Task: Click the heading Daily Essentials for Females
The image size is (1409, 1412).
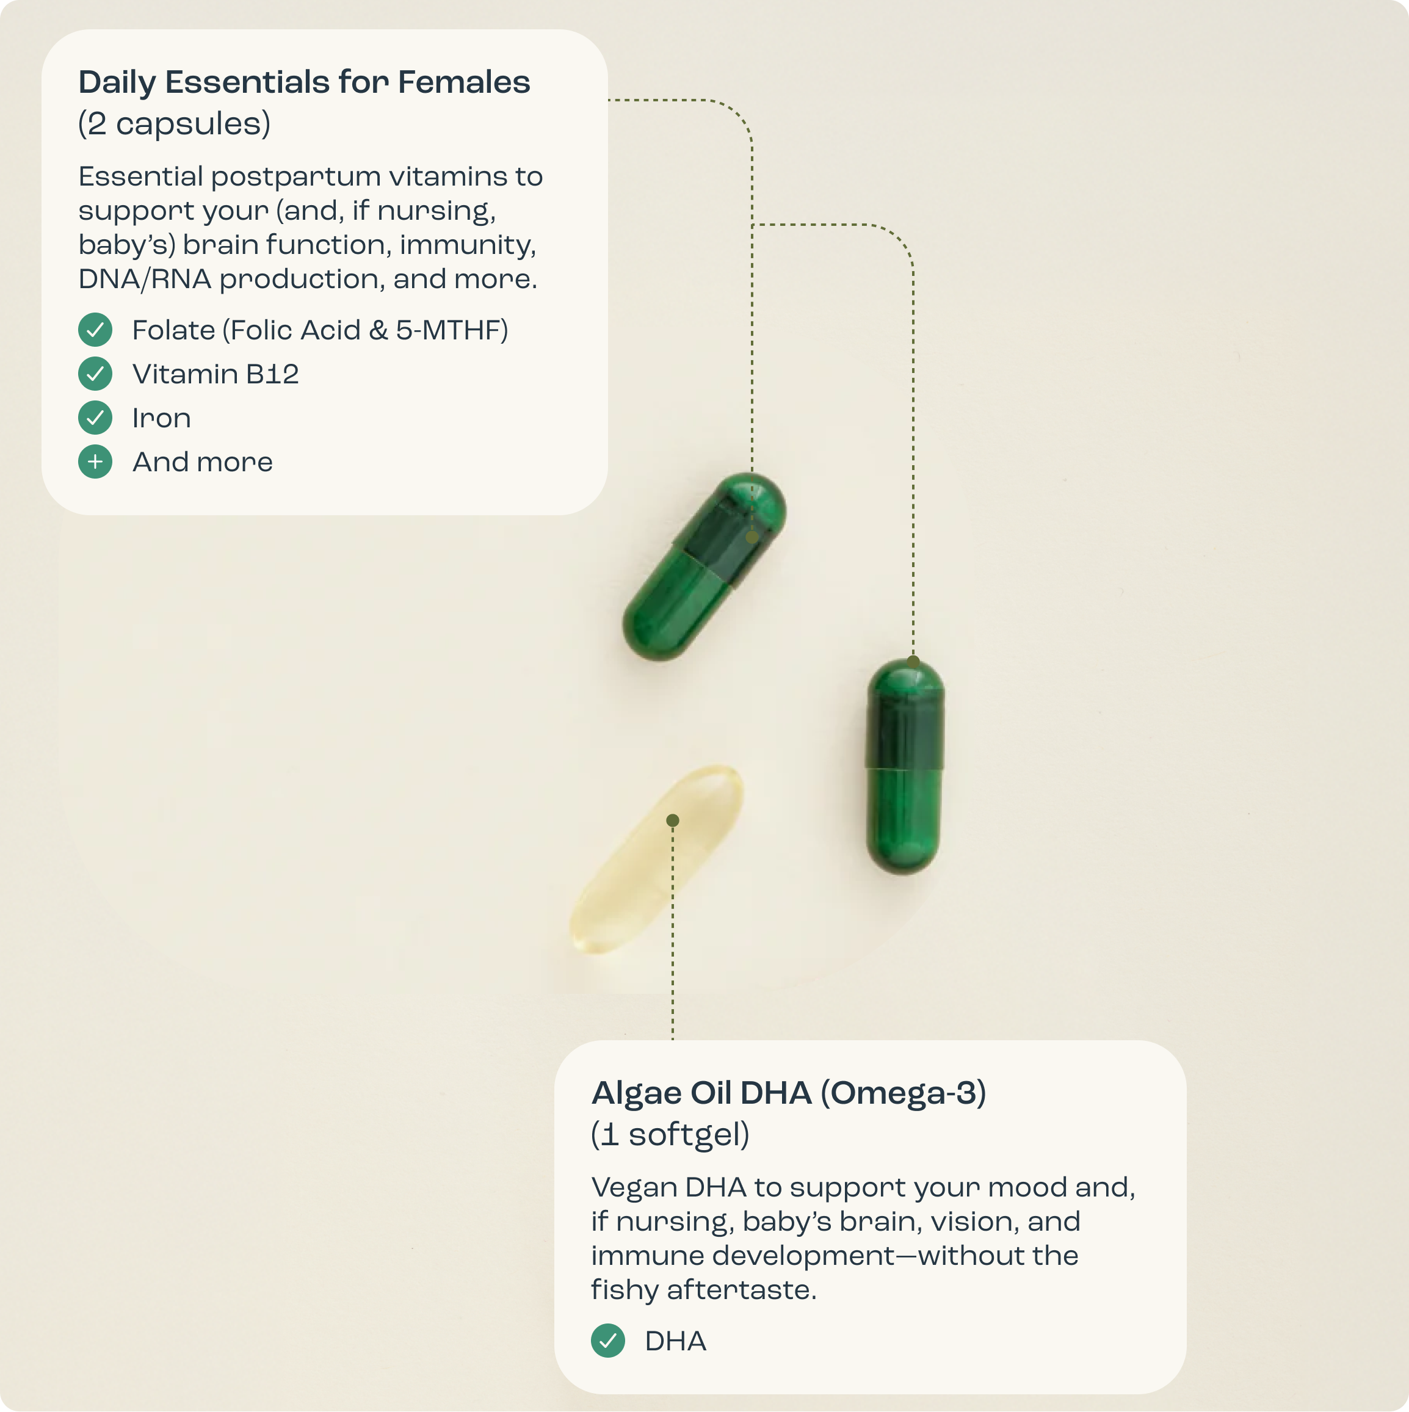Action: pos(304,82)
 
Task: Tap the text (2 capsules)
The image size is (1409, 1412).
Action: pos(174,123)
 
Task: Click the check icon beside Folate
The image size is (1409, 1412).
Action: pos(95,330)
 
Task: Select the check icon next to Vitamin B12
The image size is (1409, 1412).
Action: pos(95,374)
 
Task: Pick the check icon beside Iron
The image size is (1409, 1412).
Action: pos(95,418)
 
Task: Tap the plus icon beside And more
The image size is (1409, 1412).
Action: pos(95,461)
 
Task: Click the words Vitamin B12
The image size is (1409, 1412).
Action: pos(216,374)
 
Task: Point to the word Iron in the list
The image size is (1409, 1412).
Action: pos(162,418)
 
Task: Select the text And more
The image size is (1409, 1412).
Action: pos(203,462)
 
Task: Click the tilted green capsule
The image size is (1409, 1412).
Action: pos(704,567)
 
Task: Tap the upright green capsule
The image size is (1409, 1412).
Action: pos(905,766)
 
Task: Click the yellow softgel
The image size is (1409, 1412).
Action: pos(656,860)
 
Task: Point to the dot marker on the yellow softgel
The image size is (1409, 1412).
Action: pos(672,820)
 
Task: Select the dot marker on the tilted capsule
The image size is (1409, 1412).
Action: pos(752,537)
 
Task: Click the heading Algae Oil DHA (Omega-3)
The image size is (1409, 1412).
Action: pos(789,1093)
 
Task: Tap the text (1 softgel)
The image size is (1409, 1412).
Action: pos(670,1134)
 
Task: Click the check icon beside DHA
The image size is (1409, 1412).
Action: pos(608,1341)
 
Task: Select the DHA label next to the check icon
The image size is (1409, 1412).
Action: pos(675,1341)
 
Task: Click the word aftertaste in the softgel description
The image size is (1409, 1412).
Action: pos(742,1290)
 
